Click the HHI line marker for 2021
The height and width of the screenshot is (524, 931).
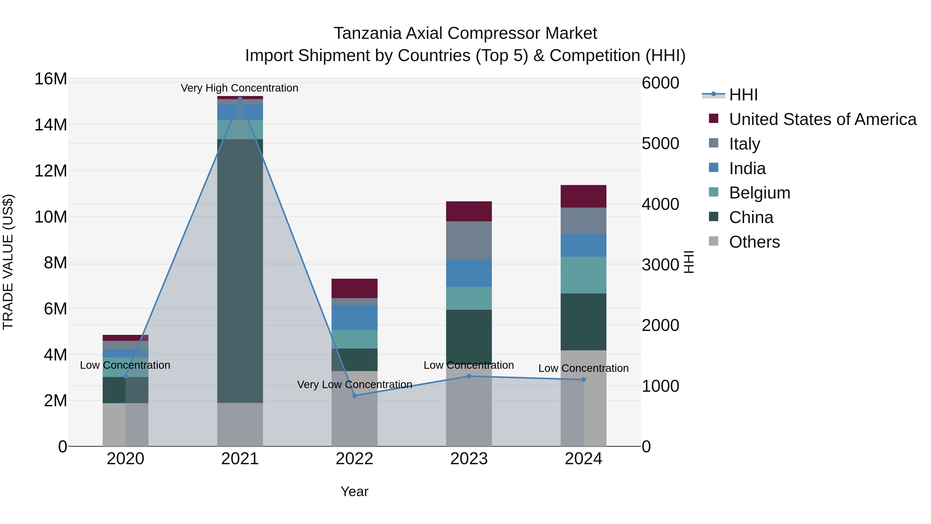coord(240,98)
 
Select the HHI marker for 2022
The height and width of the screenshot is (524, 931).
coord(355,396)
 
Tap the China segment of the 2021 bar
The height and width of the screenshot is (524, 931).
coord(240,271)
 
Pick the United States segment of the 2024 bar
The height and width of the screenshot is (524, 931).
coord(583,196)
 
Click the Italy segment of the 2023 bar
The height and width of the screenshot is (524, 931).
coord(469,240)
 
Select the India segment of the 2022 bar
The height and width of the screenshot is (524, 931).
coord(355,317)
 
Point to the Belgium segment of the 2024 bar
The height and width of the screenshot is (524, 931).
coord(583,275)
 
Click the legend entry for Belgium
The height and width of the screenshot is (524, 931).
coord(759,193)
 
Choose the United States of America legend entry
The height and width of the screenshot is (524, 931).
coord(822,119)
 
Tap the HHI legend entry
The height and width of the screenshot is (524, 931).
coord(743,95)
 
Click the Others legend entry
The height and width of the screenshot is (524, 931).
coord(754,242)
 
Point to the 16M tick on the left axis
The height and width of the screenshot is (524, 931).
coord(51,79)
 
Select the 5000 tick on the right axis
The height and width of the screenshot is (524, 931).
coord(660,144)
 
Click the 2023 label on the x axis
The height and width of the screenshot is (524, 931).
coord(469,459)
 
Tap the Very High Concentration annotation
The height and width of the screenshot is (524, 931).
coord(239,88)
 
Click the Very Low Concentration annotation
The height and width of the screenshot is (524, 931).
coord(355,385)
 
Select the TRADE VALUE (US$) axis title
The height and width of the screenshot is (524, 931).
coord(8,262)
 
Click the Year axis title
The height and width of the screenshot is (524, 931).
coord(354,491)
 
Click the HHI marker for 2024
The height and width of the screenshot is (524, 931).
coord(583,380)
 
